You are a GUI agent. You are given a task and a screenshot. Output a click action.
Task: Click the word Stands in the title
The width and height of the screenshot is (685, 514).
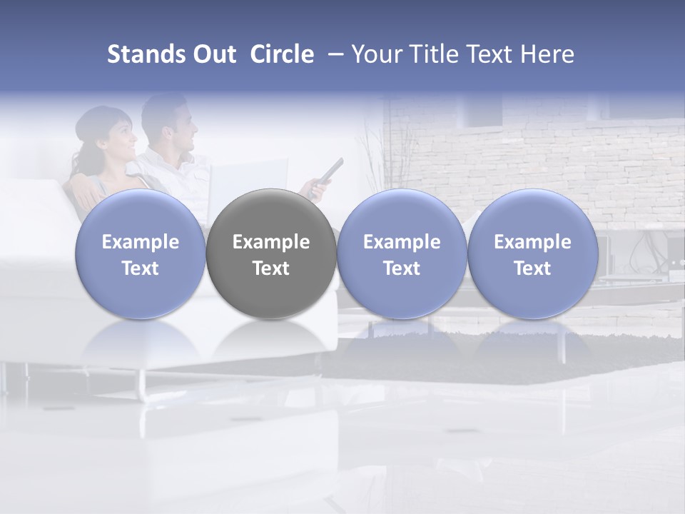(145, 54)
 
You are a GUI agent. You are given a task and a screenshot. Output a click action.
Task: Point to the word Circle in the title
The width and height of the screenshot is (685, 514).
(282, 54)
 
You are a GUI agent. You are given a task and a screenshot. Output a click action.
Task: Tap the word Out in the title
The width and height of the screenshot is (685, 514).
(213, 54)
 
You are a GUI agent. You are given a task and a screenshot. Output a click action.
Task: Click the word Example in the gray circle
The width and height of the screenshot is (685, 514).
(271, 242)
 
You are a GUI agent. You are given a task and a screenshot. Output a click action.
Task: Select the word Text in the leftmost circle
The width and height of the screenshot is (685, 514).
(141, 268)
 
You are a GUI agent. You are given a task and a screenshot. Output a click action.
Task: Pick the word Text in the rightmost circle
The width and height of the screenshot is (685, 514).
(532, 268)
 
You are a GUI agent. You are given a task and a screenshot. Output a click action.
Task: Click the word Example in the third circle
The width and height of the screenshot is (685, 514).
(402, 242)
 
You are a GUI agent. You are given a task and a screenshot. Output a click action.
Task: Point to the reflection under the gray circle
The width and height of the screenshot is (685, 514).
(271, 343)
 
